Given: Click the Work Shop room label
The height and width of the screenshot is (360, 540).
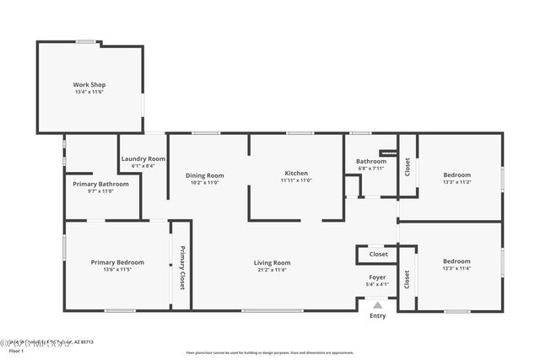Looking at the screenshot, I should tap(89, 84).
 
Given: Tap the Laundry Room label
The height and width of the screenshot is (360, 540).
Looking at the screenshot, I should tap(143, 159).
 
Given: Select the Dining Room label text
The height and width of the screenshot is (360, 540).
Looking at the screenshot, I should tap(204, 175).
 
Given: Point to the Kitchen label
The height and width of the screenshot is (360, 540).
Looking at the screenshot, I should tap(295, 173).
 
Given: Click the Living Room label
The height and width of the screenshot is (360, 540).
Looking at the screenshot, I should tap(272, 262).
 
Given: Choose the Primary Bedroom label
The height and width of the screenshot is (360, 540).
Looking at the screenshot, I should tap(117, 262).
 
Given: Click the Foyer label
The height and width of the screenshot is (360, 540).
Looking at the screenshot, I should tap(377, 277).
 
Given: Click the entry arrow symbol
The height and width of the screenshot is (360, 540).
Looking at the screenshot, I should tap(377, 304).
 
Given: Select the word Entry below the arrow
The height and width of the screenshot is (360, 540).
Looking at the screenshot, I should tap(377, 316).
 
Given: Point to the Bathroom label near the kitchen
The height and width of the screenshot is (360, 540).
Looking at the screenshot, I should tap(370, 160).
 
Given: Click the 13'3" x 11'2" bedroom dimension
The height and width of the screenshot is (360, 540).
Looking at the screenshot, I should tap(456, 181).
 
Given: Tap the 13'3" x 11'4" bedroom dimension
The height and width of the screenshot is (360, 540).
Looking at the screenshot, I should tap(456, 269).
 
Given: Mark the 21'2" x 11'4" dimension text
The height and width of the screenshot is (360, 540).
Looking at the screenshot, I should tap(272, 270).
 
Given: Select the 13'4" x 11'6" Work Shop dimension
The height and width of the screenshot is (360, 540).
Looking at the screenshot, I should tap(89, 92).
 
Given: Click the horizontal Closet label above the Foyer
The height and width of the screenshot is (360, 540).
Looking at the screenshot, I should tap(378, 254).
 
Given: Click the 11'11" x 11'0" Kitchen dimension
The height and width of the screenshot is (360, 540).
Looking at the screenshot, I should tap(295, 180).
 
